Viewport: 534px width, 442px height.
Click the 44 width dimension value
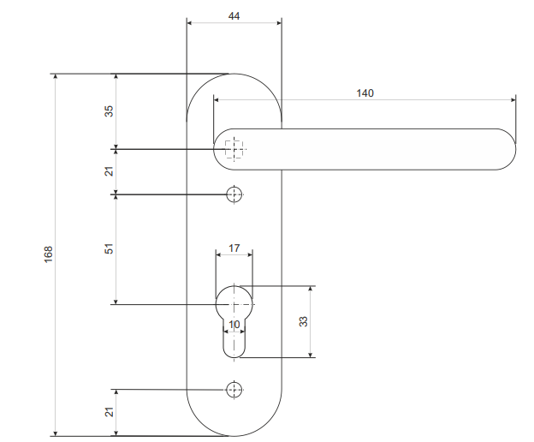pyautogui.click(x=234, y=16)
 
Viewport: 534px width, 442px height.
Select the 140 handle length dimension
pyautogui.click(x=365, y=93)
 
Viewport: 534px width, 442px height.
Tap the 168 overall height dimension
pyautogui.click(x=49, y=254)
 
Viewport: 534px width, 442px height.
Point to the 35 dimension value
pyautogui.click(x=109, y=111)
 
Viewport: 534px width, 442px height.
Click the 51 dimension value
pyautogui.click(x=109, y=248)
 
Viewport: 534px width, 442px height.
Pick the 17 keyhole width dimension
pyautogui.click(x=234, y=248)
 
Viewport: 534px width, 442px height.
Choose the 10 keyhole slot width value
pyautogui.click(x=234, y=325)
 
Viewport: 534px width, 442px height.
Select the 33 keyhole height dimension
pyautogui.click(x=303, y=321)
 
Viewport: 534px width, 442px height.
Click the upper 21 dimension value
pyautogui.click(x=109, y=171)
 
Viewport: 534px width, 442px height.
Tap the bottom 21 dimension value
pyautogui.click(x=109, y=412)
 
